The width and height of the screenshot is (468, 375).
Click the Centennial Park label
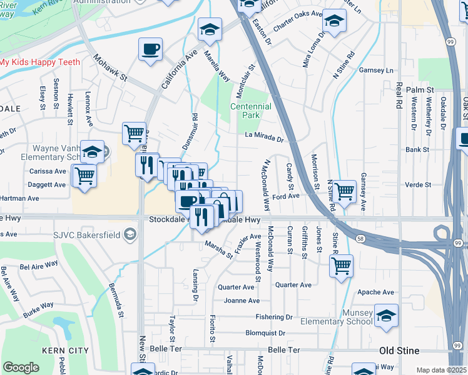pyautogui.click(x=250, y=111)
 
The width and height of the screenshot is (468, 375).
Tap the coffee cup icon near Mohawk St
pyautogui.click(x=151, y=49)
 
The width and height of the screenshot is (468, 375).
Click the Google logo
pyautogui.click(x=21, y=367)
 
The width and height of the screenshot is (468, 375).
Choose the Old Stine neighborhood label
pyautogui.click(x=399, y=350)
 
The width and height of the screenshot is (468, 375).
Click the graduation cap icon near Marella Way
pyautogui.click(x=210, y=28)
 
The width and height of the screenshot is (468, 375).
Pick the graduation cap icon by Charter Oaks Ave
pyautogui.click(x=334, y=21)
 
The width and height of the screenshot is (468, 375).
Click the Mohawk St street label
pyautogui.click(x=110, y=69)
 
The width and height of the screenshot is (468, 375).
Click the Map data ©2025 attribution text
pyautogui.click(x=442, y=370)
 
